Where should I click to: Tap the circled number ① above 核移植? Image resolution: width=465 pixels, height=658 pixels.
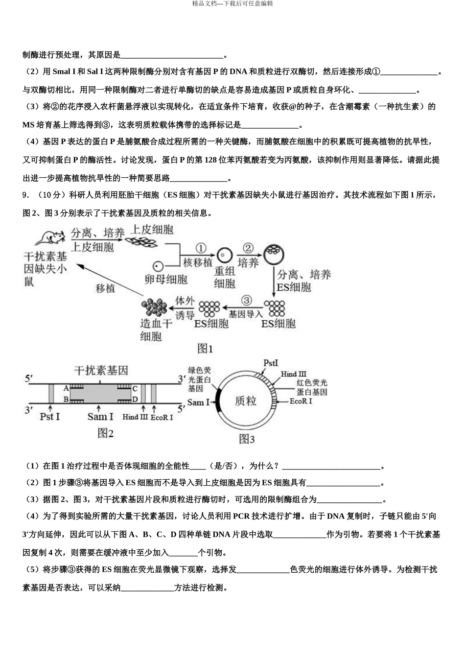point(201,248)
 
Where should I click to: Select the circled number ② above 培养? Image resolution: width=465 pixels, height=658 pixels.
point(248,248)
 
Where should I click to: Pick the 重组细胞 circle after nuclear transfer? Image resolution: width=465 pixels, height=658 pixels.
point(225,255)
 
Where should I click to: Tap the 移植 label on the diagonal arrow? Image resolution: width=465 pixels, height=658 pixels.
point(105,288)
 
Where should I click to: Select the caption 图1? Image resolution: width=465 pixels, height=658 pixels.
point(205,349)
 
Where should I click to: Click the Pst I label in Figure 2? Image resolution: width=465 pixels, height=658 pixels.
point(49,417)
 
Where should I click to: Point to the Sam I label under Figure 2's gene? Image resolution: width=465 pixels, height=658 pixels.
point(100,417)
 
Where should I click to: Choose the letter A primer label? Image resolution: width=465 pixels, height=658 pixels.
point(66,388)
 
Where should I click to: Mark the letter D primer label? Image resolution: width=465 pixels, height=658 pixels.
point(135,399)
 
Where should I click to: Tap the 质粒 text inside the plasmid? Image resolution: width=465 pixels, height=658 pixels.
point(246,401)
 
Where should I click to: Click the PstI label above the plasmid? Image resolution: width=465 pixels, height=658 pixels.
point(270,363)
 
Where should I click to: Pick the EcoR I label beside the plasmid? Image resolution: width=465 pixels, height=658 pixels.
point(301,401)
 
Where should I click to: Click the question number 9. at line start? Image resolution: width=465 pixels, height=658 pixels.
point(26,195)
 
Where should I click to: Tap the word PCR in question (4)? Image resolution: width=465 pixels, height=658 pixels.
point(241,516)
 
